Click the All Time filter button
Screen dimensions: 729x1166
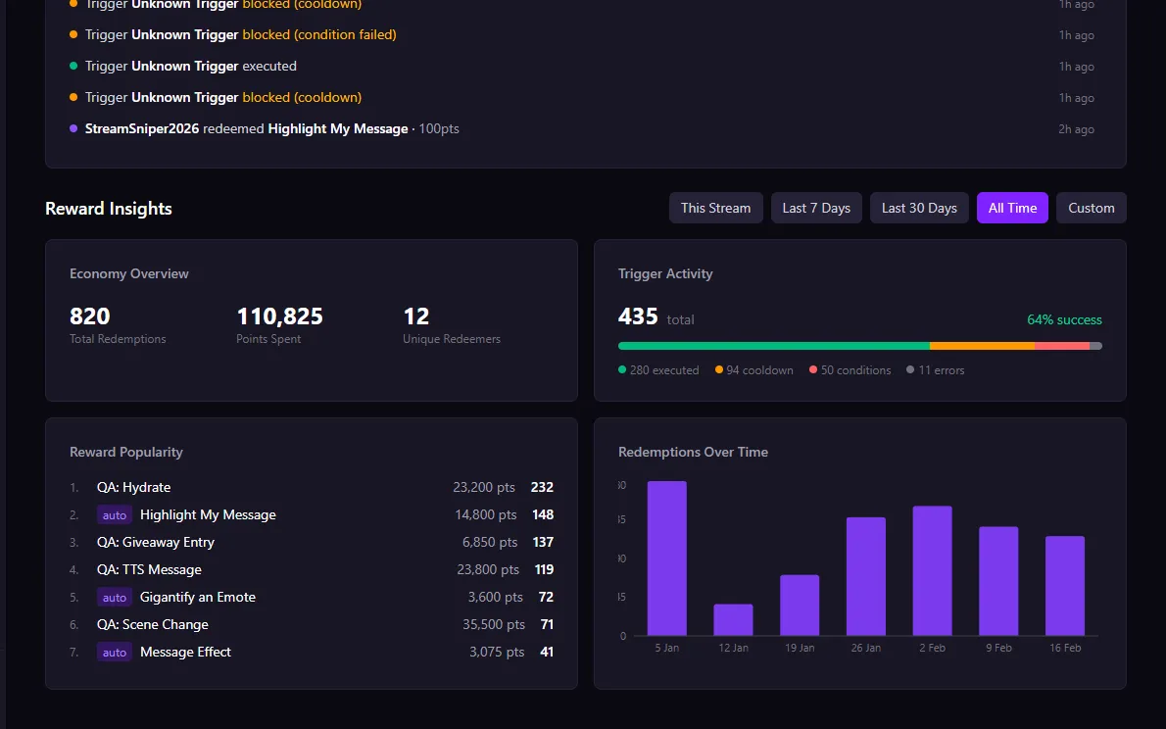tap(1012, 208)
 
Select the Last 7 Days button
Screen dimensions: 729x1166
tap(815, 208)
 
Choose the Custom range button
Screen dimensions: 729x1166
tap(1091, 208)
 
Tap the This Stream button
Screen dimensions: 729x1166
tap(715, 208)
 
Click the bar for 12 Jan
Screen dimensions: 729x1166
tap(733, 619)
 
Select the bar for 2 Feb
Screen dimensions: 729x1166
tap(932, 570)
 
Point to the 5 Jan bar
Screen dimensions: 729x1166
tap(666, 559)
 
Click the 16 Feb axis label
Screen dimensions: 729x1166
tap(1064, 648)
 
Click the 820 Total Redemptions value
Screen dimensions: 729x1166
tap(90, 316)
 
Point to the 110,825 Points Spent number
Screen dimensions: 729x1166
tap(279, 316)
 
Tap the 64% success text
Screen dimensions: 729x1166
tap(1064, 320)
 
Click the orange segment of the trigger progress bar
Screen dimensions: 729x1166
tap(981, 346)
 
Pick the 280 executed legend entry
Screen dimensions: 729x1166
tap(658, 370)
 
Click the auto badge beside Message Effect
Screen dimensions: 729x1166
tap(115, 653)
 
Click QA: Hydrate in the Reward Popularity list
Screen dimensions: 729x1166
tap(133, 487)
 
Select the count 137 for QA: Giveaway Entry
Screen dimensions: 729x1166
tap(542, 542)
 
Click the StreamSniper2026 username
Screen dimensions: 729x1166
tap(142, 128)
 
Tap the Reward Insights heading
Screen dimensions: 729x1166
tap(109, 209)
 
